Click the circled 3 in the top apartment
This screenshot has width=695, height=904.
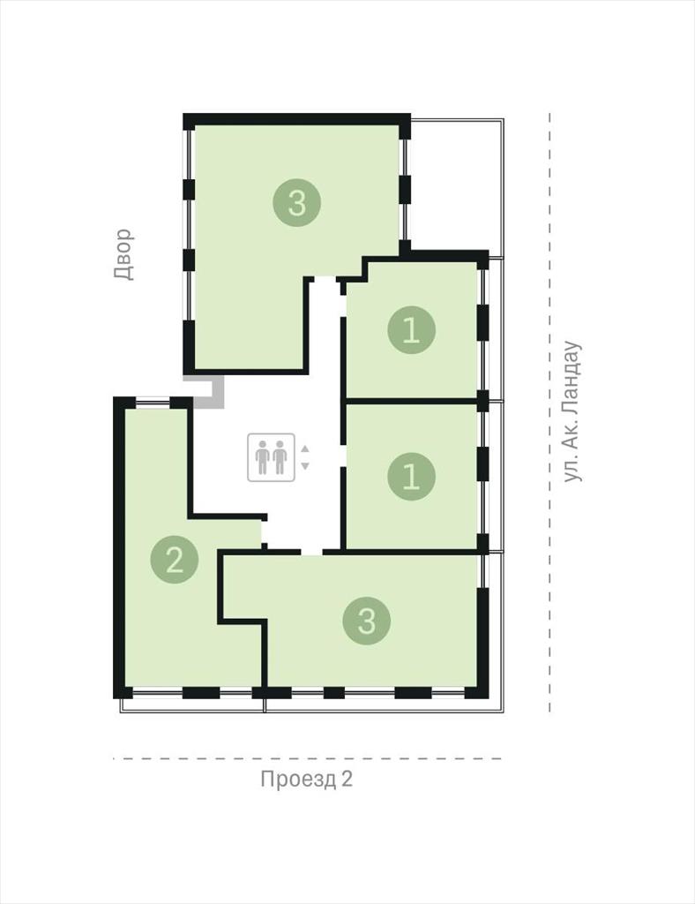[x=296, y=202]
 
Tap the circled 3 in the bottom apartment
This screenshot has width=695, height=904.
[x=367, y=621]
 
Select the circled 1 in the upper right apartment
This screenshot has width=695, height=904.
[x=411, y=330]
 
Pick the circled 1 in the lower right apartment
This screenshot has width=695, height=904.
[x=411, y=476]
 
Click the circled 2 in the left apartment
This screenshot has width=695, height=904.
[x=175, y=559]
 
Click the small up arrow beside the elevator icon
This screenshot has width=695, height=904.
[x=305, y=448]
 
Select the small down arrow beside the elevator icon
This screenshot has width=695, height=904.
[x=305, y=466]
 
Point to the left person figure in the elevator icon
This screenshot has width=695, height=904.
[x=263, y=457]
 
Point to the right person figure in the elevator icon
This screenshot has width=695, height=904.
[x=280, y=457]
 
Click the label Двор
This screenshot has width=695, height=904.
[x=123, y=254]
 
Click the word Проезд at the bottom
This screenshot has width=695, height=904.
[x=298, y=779]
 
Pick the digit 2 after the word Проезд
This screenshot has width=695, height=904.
[x=347, y=779]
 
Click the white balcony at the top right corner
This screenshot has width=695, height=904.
[x=456, y=185]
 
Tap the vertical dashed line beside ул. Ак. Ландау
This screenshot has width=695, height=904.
[x=549, y=412]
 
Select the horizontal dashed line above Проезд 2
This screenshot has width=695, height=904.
[x=308, y=758]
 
